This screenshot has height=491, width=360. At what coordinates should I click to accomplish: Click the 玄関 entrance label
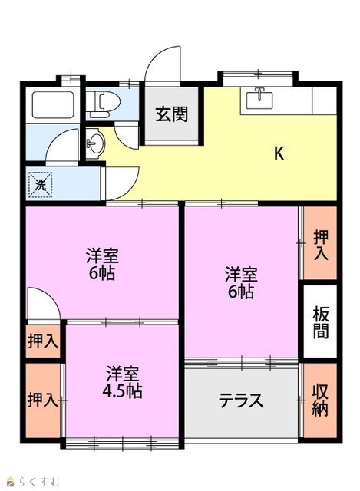tap(172, 114)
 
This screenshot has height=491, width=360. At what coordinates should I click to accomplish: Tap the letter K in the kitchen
tap(279, 153)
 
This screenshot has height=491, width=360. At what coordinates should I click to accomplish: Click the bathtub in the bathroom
tap(53, 105)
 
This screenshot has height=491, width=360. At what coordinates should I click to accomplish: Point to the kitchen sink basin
tap(259, 101)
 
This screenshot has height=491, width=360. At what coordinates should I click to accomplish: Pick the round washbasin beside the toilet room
tap(95, 144)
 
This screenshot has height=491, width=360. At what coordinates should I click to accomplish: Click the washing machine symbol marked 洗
tap(40, 186)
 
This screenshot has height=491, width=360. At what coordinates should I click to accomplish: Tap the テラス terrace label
tap(240, 400)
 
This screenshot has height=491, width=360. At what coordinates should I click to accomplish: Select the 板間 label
tap(321, 322)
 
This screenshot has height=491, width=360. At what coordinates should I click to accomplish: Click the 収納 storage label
tap(320, 400)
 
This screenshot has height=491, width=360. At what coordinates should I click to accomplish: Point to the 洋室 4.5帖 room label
tap(122, 382)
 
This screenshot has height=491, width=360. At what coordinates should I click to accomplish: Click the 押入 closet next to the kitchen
tap(321, 245)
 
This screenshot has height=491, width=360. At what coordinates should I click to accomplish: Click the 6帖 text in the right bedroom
tap(240, 292)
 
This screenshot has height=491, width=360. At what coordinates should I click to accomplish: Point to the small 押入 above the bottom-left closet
tap(43, 341)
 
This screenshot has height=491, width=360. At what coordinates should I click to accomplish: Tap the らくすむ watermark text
tap(38, 481)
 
